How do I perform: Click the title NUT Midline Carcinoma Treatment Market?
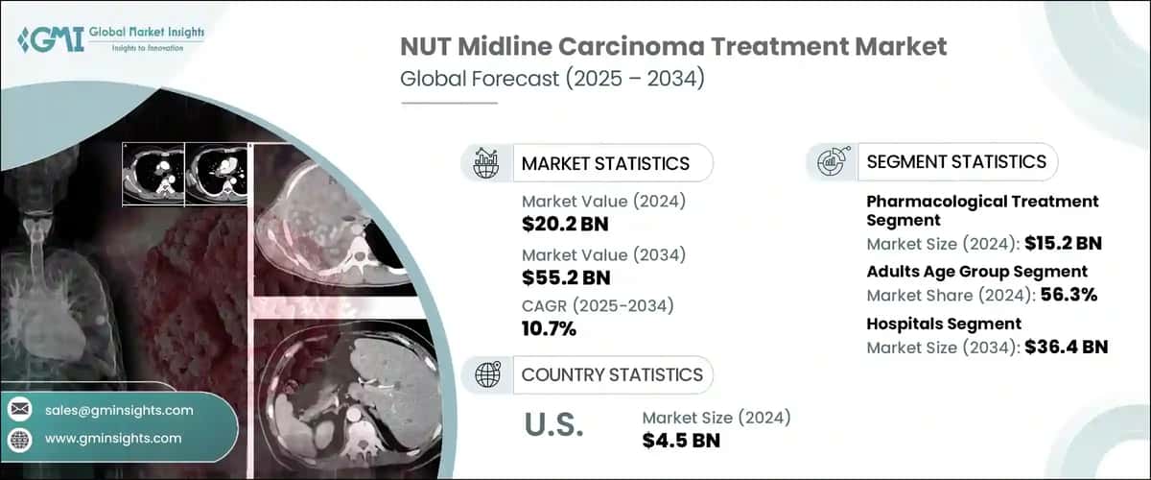pos(673,46)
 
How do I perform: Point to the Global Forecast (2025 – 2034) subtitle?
pos(552,78)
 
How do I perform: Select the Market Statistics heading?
pos(604,163)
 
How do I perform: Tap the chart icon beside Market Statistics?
pos(486,163)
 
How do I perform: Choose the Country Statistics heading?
pos(612,373)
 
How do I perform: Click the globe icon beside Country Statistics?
pos(486,373)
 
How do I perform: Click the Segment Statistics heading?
pos(956,161)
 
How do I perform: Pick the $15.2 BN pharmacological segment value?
pos(1061,243)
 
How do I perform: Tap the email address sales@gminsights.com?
pos(119,410)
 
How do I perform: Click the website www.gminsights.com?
pos(113,438)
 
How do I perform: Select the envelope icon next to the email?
pos(19,410)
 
